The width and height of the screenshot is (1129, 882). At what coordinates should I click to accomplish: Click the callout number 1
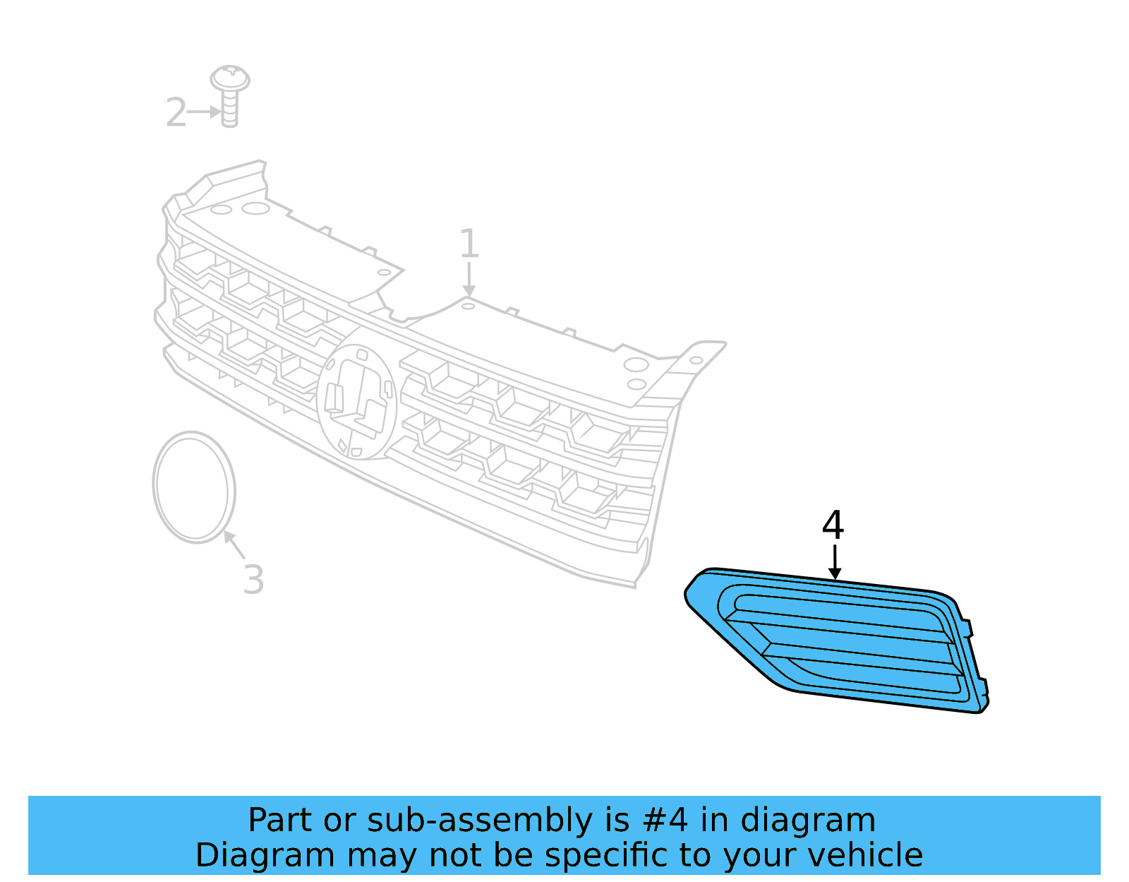469,244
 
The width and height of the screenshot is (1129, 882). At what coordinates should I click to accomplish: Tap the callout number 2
176,113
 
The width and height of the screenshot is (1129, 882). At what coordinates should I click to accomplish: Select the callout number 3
253,580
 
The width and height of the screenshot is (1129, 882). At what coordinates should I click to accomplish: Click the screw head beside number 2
230,78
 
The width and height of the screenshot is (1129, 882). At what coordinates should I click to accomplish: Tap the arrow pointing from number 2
205,112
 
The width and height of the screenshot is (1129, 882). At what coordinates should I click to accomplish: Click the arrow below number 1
469,280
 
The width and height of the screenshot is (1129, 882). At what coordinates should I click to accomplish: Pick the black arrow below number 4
835,562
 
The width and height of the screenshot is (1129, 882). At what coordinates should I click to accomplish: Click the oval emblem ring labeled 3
193,487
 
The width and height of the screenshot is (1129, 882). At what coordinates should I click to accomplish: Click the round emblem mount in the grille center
356,401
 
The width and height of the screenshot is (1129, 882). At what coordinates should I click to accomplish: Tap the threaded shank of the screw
229,109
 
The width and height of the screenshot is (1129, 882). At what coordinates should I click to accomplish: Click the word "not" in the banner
452,855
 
